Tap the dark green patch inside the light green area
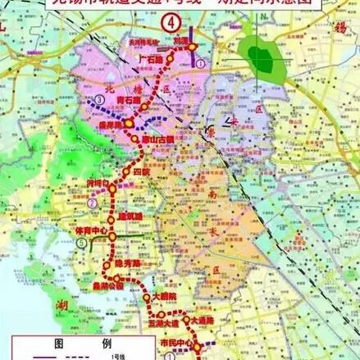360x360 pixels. [260, 58]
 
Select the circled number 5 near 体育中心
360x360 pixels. [58, 265]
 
